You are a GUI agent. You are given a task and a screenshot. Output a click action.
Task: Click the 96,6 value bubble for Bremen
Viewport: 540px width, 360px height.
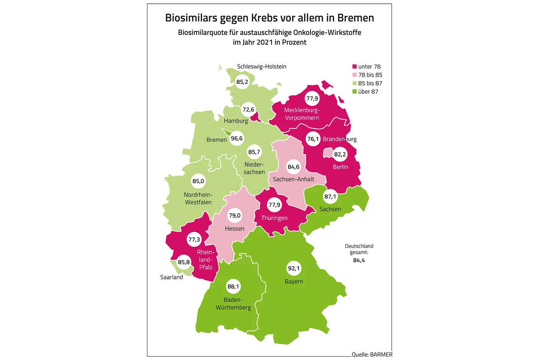click(237, 138)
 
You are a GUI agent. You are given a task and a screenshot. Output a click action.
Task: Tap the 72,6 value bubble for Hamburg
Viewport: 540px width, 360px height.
click(248, 109)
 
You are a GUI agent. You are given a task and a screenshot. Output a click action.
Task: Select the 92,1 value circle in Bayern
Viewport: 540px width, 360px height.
click(294, 268)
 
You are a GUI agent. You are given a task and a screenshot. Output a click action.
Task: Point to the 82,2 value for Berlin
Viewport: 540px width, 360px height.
click(340, 154)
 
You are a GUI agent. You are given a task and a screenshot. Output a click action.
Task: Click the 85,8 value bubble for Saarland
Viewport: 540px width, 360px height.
click(184, 262)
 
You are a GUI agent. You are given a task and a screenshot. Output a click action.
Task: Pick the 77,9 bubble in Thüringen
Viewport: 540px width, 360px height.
click(274, 205)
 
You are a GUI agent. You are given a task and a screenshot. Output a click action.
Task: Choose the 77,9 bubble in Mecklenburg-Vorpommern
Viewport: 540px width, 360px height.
click(312, 99)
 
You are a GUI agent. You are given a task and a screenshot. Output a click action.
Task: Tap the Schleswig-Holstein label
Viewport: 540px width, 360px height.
click(261, 66)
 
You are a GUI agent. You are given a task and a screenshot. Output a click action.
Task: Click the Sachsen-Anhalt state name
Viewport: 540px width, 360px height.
click(293, 179)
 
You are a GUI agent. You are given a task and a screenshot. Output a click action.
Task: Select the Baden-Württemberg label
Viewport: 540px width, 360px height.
click(233, 303)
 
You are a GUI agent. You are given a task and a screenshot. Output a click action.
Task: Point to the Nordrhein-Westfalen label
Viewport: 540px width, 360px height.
click(198, 198)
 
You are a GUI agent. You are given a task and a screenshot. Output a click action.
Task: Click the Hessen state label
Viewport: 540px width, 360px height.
click(234, 228)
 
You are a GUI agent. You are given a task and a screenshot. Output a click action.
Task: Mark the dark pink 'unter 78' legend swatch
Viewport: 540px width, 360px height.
click(354, 67)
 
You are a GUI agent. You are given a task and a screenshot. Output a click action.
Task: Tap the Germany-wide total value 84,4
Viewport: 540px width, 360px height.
click(359, 260)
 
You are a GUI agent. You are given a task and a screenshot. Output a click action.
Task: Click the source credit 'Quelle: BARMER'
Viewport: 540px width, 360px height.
click(372, 354)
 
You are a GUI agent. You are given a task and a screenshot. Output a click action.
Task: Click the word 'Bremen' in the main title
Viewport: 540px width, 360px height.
click(355, 18)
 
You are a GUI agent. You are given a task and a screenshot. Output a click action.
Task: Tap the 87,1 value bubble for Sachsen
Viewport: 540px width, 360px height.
click(330, 196)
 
